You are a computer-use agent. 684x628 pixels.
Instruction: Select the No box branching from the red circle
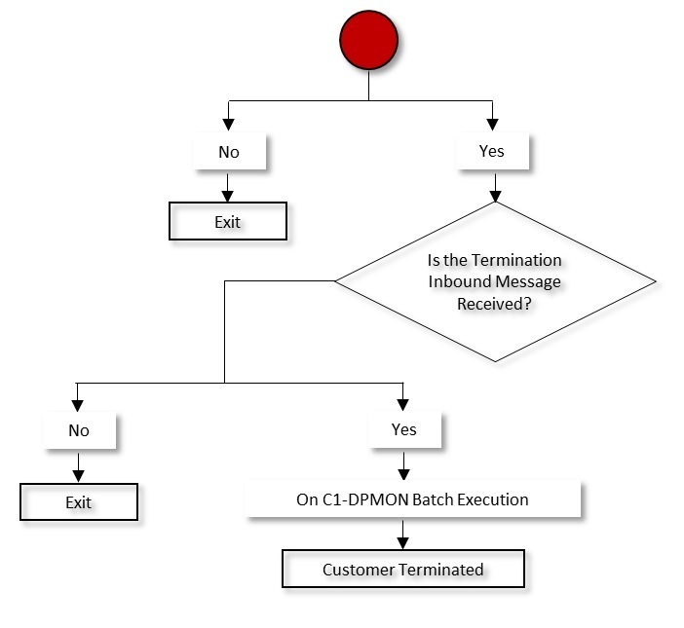[x=228, y=152]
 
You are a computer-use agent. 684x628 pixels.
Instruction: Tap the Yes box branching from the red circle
[x=492, y=151]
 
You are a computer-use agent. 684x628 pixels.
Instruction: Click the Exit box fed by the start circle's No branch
[x=228, y=221]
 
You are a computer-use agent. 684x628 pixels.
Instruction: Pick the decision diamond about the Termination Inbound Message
[x=495, y=281]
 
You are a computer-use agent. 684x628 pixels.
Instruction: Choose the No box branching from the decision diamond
[x=79, y=429]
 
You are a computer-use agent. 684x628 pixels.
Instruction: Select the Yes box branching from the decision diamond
[x=403, y=428]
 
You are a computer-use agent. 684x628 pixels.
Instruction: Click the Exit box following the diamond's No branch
[x=79, y=502]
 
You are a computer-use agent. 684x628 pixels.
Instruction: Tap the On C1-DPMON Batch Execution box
[x=412, y=499]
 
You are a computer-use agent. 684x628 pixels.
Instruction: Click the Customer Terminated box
[x=403, y=569]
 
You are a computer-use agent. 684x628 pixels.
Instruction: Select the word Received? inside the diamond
[x=495, y=303]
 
